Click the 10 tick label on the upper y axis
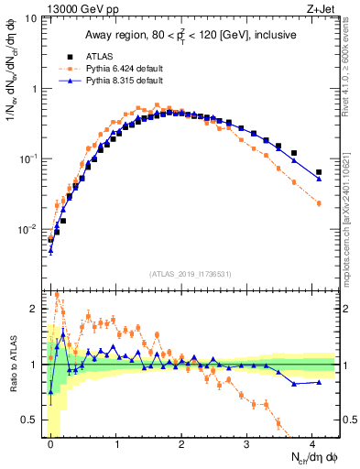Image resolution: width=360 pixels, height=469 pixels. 34,18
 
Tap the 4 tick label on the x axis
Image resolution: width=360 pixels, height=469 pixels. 312,442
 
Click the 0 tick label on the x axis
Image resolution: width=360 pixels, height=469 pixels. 50,442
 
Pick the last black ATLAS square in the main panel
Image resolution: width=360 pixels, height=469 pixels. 319,172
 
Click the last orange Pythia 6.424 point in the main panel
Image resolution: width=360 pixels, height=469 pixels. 319,203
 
